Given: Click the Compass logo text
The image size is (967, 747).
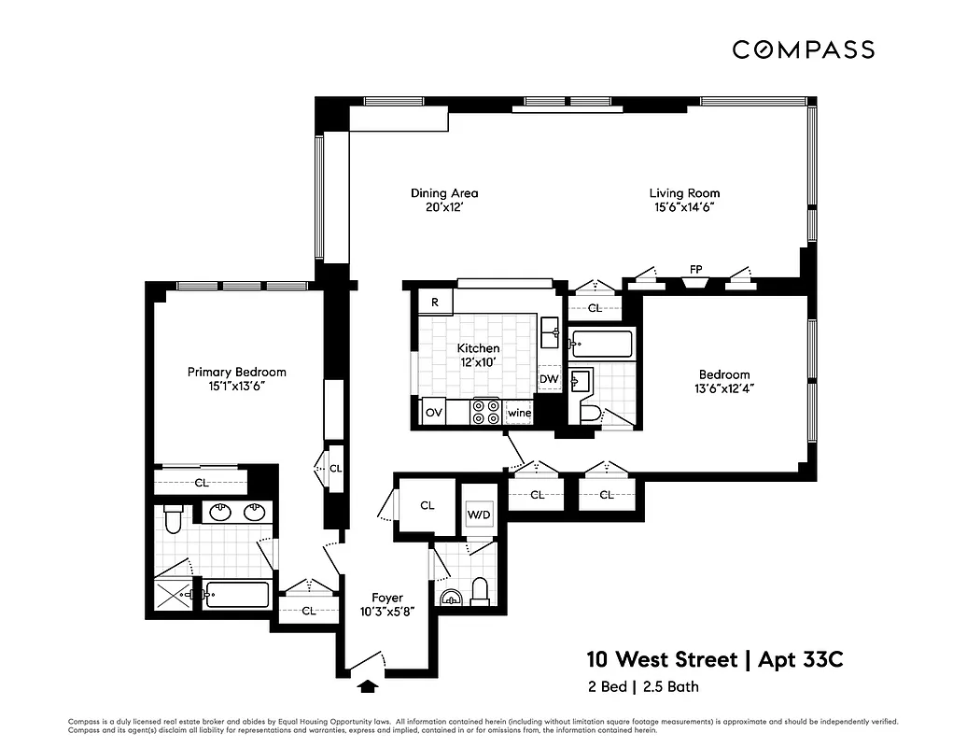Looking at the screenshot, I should (802, 49).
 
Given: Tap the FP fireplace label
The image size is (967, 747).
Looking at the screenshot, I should (695, 270).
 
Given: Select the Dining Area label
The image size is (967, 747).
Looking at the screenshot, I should (444, 193).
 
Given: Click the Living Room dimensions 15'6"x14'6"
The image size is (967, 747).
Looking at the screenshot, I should (684, 209).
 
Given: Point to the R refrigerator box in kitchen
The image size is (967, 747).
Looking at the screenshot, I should (435, 303).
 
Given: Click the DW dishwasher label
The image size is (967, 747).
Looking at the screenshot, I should (549, 379).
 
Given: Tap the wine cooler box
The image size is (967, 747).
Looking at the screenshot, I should (518, 413).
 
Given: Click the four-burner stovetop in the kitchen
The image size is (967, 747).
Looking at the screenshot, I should (485, 412).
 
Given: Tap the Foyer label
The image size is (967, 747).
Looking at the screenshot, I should (386, 598).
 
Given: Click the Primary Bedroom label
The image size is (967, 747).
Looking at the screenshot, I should (236, 372).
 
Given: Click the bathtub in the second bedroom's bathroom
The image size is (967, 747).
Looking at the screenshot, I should (601, 345).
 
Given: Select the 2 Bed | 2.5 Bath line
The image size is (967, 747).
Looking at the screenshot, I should (642, 687).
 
